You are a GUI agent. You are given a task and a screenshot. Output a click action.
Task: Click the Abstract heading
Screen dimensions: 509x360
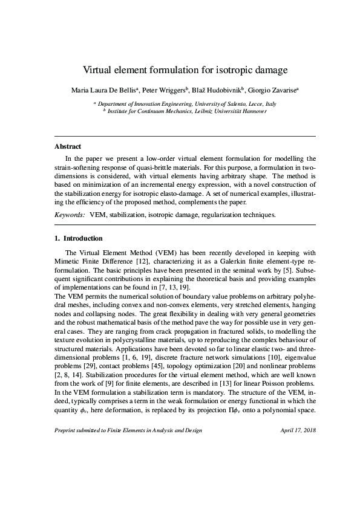[x=68, y=146]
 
